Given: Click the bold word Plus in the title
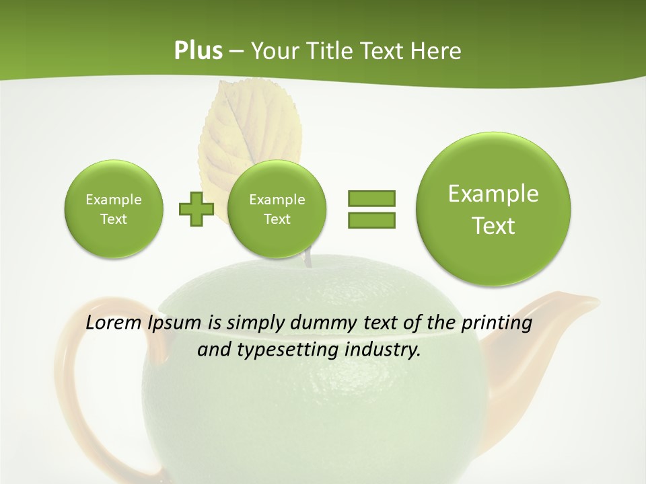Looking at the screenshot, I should click(x=198, y=51).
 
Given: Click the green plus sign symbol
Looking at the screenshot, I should click(x=196, y=209).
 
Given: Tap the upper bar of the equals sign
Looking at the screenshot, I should click(x=371, y=198).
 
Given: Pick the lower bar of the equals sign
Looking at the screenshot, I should click(x=371, y=220).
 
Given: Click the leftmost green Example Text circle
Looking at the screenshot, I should click(x=114, y=209).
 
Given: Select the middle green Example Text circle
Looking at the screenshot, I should click(x=277, y=209).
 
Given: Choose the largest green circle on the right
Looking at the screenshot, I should click(x=493, y=209).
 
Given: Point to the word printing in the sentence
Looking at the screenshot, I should click(x=497, y=323).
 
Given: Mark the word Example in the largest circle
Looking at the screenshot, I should click(x=493, y=194).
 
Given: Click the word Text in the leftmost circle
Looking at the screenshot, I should click(x=114, y=219).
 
